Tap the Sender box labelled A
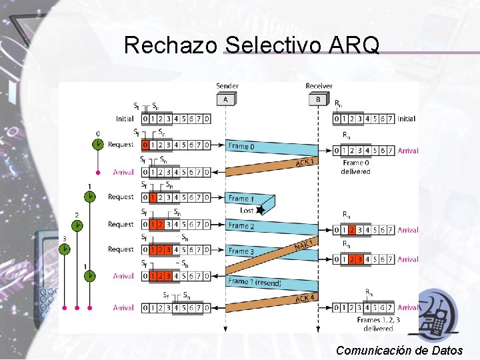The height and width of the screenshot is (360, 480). [x=225, y=99]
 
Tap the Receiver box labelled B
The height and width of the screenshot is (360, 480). [x=318, y=99]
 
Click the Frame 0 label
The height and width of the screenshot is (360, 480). [x=241, y=146]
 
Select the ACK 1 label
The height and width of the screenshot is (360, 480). [x=303, y=162]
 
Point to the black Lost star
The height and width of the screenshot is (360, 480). [x=261, y=210]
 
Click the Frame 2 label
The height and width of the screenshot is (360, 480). [x=241, y=226]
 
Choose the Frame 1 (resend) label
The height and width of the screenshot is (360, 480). [x=254, y=282]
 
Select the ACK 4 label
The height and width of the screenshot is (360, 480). [x=305, y=297]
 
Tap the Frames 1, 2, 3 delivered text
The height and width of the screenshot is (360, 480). [x=378, y=324]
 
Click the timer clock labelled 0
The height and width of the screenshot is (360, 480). [x=98, y=144]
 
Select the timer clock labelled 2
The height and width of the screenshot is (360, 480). [x=77, y=225]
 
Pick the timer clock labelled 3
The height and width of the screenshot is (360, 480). [x=65, y=249]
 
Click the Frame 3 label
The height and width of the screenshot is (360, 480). [x=241, y=251]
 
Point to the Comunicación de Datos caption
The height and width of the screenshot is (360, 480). [x=399, y=350]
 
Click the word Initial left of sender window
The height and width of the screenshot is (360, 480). [x=125, y=119]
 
